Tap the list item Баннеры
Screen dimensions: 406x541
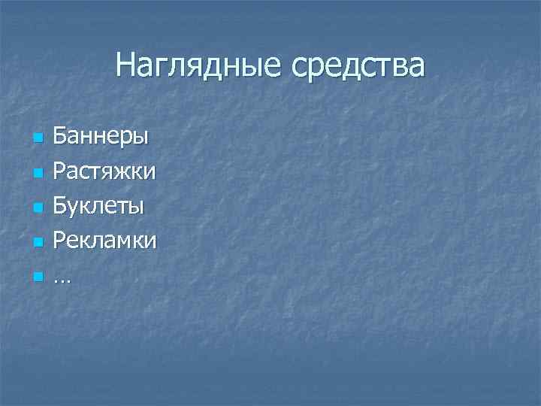(x=101, y=138)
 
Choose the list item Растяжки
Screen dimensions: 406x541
(x=104, y=172)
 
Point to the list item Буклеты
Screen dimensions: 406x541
(x=98, y=207)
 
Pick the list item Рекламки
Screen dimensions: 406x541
(x=104, y=241)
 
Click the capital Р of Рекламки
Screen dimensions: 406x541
(x=59, y=241)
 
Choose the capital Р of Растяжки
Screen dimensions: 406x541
(x=59, y=172)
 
